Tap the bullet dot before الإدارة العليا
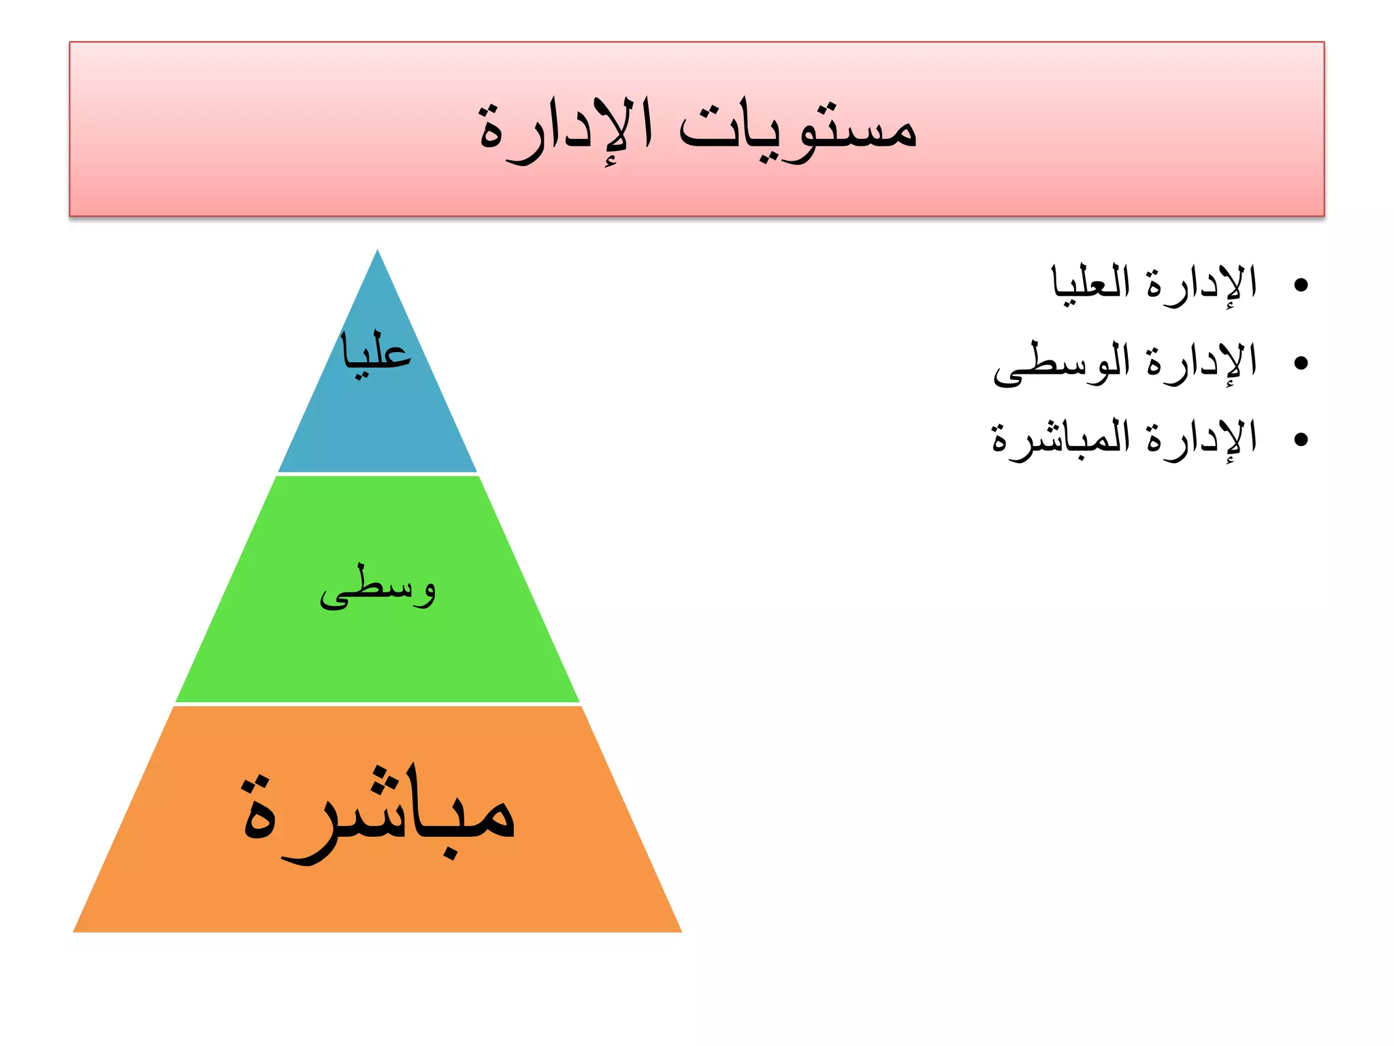(1301, 285)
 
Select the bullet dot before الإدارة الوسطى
(1301, 363)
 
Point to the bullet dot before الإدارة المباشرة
(1301, 440)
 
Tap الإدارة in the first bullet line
(1201, 285)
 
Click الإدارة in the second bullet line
(1201, 363)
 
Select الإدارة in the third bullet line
(1201, 439)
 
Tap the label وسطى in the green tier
(378, 588)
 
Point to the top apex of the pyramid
(378, 251)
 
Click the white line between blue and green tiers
(378, 474)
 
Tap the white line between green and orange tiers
(378, 704)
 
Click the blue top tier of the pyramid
(378, 422)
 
